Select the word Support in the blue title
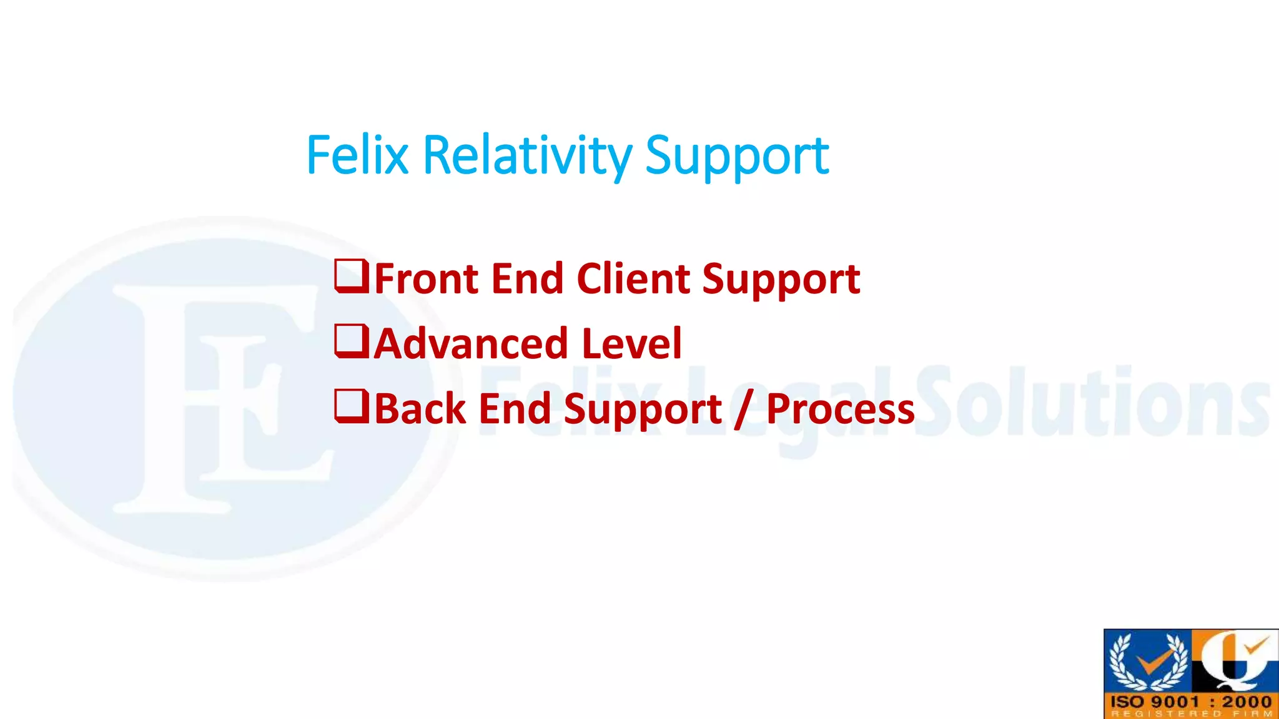[737, 157]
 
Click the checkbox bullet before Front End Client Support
[352, 277]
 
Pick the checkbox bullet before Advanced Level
[352, 342]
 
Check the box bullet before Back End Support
[352, 407]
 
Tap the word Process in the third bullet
[840, 410]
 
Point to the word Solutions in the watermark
[1093, 403]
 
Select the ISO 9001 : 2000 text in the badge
[1191, 702]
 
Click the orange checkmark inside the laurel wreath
[1149, 663]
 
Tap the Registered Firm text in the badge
[1191, 713]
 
